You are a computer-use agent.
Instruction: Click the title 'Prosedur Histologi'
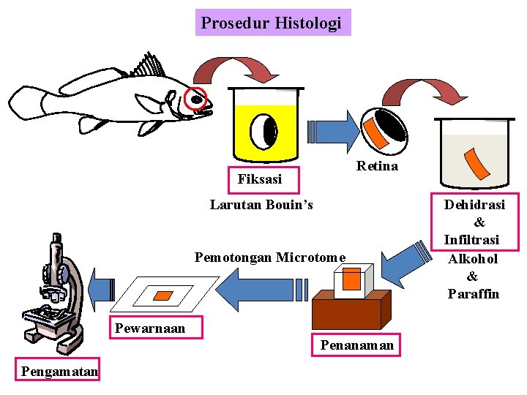coord(272,23)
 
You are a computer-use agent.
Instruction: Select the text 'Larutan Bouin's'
coord(261,205)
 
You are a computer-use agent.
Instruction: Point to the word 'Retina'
coord(377,166)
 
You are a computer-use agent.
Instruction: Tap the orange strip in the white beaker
coord(479,162)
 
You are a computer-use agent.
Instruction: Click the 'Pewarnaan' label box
coord(149,328)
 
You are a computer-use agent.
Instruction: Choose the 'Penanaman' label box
coord(356,345)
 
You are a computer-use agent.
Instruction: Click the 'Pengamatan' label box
coord(59,371)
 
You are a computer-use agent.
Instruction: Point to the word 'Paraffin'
coord(473,294)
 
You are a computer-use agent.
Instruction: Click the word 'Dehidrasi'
coord(474,205)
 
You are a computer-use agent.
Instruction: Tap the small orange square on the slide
coord(163,295)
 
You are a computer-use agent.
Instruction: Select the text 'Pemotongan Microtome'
coord(269,257)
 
